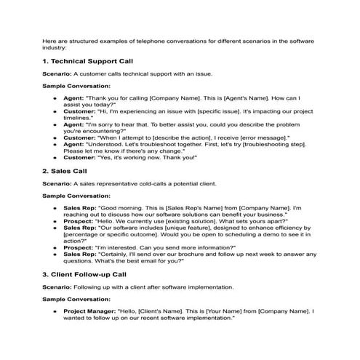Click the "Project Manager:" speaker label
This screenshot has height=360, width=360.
[x=85, y=310]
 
